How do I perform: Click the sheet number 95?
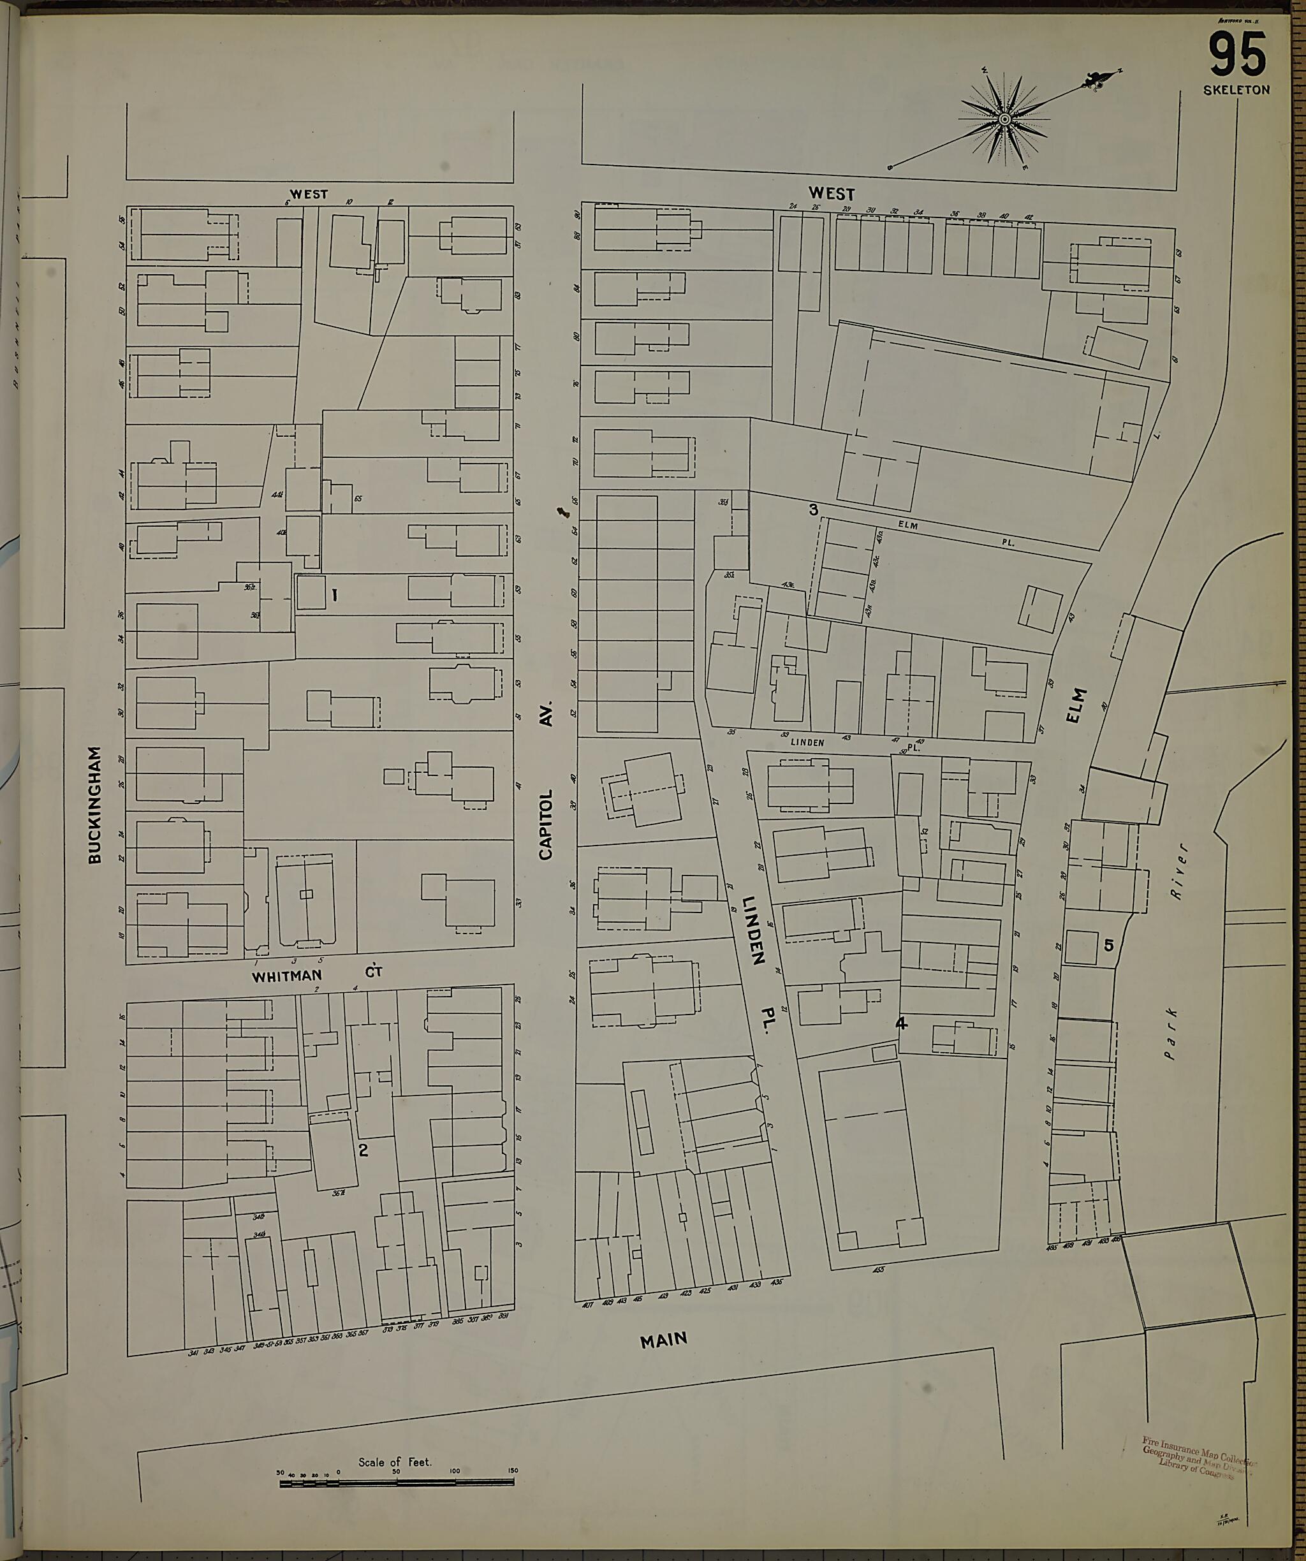pos(1237,55)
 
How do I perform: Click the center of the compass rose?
pos(1004,119)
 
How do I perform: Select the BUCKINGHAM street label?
pos(94,805)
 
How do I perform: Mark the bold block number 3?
pos(813,510)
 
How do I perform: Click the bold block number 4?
pos(901,1023)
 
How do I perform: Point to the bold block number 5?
pos(1108,946)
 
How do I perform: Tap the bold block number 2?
pos(363,1151)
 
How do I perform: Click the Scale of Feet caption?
pos(395,1462)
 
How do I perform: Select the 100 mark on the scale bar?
pos(455,1471)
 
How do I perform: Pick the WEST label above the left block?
pos(309,194)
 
